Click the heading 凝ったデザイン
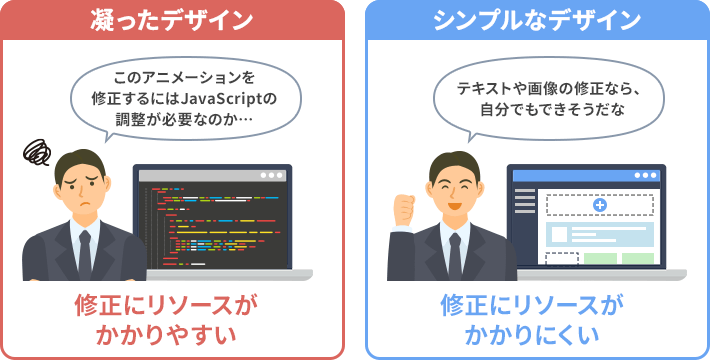point(173,19)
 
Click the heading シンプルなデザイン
point(537,19)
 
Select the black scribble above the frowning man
point(39,152)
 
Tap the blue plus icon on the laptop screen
point(600,205)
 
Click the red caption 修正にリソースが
point(173,304)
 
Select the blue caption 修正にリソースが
point(537,304)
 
